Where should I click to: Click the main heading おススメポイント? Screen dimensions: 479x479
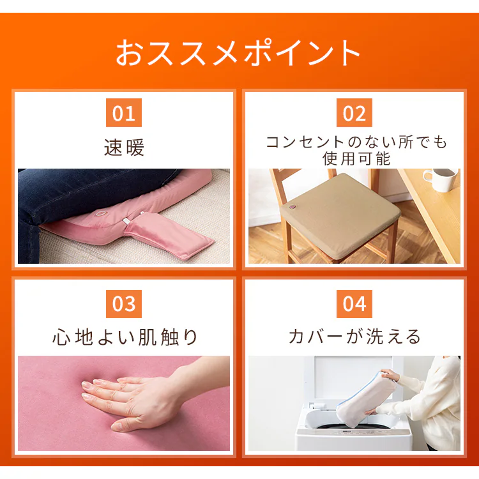click(x=238, y=52)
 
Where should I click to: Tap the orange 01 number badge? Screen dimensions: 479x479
click(x=124, y=112)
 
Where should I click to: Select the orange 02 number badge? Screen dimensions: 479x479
click(x=354, y=112)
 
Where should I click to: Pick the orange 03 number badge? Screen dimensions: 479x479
click(x=124, y=304)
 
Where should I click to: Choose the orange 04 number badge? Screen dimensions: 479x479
click(x=354, y=304)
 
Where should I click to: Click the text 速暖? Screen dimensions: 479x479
click(x=124, y=148)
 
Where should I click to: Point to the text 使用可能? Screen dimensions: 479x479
click(x=356, y=158)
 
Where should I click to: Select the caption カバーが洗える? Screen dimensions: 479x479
click(x=354, y=337)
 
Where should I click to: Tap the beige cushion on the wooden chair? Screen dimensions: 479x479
click(x=340, y=215)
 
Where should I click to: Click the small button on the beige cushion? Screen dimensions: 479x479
click(x=293, y=207)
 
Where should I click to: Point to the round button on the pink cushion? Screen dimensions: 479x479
click(x=100, y=213)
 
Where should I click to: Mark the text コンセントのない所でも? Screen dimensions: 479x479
click(x=356, y=142)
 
